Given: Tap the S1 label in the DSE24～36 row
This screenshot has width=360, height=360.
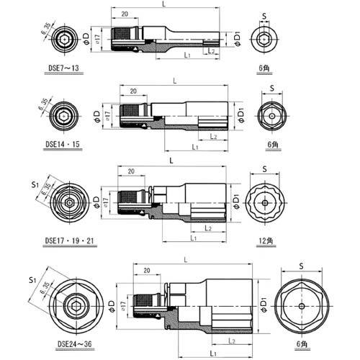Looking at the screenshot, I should point(31,279).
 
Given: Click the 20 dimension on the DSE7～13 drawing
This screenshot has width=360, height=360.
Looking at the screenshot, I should point(126,14).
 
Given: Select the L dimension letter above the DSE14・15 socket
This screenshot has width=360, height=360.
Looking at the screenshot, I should point(171,81).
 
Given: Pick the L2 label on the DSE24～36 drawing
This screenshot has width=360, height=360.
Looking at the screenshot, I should point(232,339).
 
